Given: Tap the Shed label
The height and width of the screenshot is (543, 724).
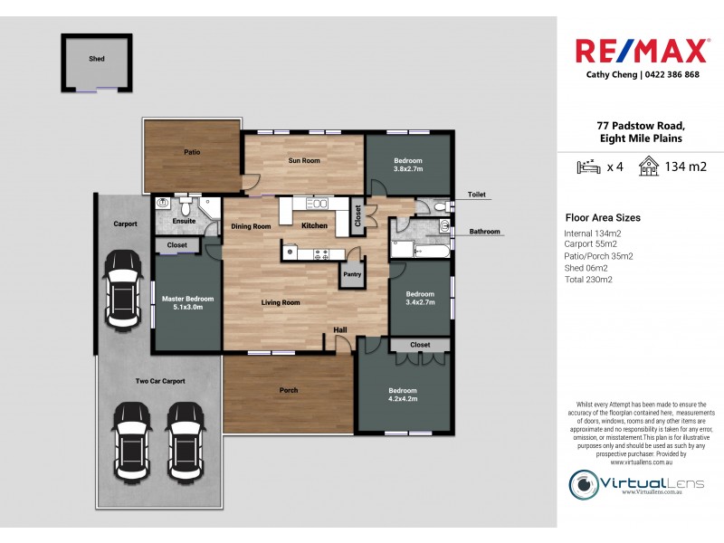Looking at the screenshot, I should [96, 59].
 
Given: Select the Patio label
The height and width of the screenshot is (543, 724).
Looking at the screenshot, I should [192, 152].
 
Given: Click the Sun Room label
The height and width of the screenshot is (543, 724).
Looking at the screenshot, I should [304, 161].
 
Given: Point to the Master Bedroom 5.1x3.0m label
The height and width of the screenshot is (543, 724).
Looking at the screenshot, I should [187, 303].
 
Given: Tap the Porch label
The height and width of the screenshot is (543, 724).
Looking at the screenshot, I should [288, 390].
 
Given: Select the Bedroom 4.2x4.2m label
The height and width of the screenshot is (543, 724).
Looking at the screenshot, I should [403, 395].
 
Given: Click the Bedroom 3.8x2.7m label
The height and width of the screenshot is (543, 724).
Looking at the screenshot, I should [407, 165].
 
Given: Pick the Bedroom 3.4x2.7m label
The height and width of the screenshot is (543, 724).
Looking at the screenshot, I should [420, 298].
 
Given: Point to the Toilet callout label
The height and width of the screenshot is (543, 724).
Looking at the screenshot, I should [477, 195].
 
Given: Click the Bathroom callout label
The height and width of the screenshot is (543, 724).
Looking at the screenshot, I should [484, 232].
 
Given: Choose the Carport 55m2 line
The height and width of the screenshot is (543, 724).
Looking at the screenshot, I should [590, 244].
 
